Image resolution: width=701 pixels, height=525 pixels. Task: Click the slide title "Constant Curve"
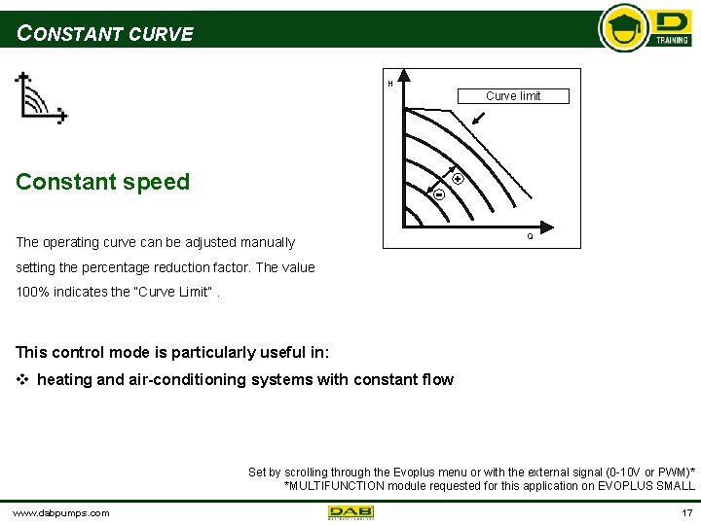tap(105, 34)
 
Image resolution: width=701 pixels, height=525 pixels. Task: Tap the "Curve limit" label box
tap(512, 95)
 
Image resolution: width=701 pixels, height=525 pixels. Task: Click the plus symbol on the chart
tap(457, 180)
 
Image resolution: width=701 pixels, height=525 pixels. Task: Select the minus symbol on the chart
tap(438, 194)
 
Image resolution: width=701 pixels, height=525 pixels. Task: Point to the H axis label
tap(390, 84)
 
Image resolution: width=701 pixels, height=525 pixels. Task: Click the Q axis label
tap(530, 236)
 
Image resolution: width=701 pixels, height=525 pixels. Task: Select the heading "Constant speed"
tap(102, 182)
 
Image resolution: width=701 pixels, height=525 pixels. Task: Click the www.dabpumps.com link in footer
tap(60, 512)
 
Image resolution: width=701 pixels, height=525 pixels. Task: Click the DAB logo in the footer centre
tap(350, 512)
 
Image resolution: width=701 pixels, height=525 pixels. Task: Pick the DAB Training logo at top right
tap(672, 29)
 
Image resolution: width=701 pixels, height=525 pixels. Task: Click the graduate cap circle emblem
tap(623, 28)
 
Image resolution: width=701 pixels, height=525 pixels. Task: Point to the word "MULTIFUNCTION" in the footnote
tap(335, 485)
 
